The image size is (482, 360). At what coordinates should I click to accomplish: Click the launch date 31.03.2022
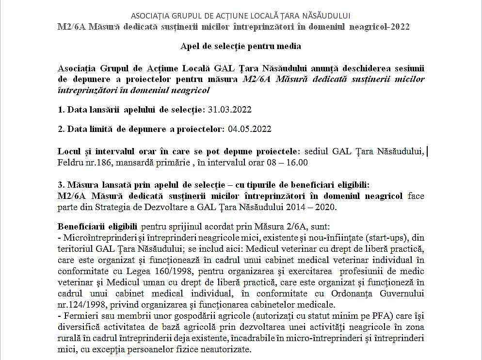pos(230,110)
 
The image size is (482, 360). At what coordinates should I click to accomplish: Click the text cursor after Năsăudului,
pos(427,151)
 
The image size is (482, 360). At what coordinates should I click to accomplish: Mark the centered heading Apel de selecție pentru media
pos(241,47)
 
